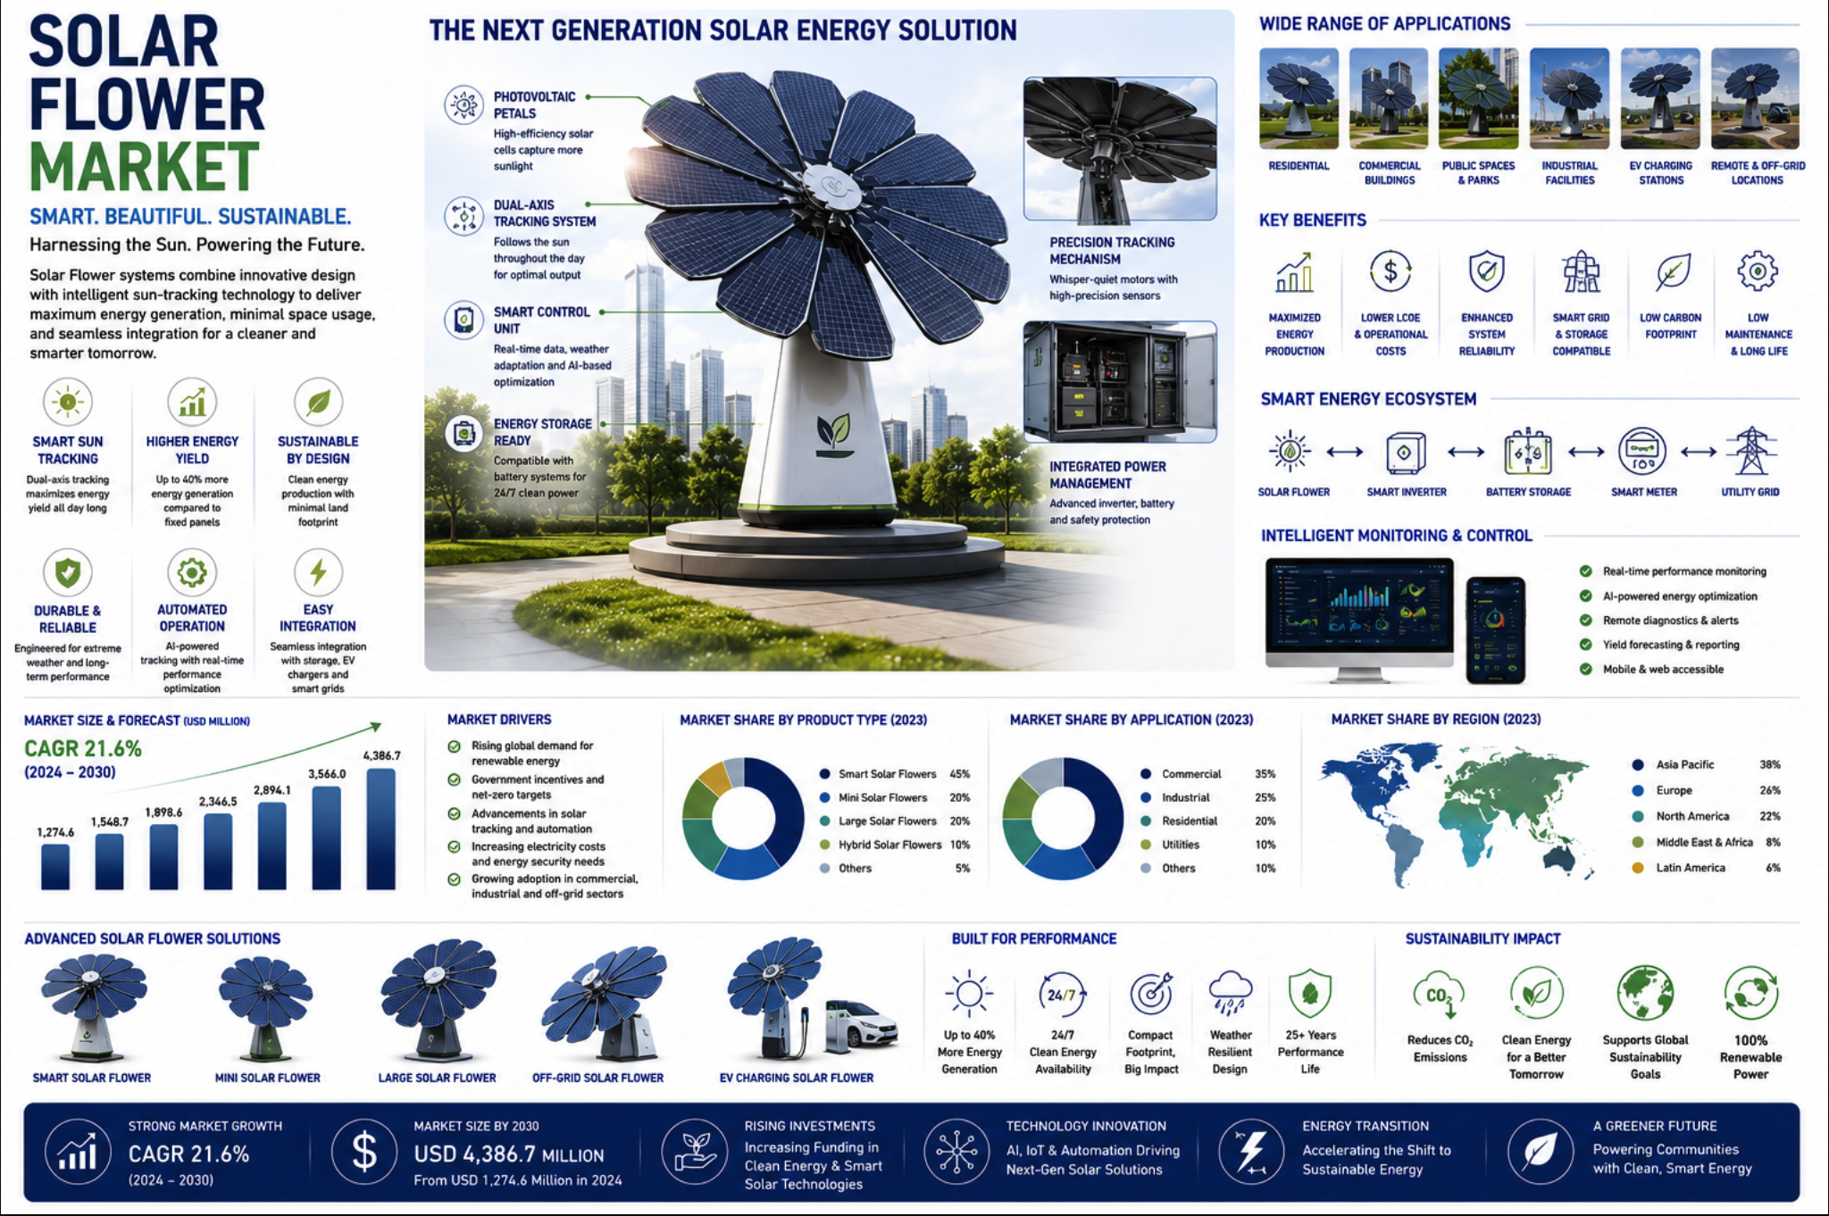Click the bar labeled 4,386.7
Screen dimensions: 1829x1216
coord(381,829)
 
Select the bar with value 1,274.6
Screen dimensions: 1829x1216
coord(55,866)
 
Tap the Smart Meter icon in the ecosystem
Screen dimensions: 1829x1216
coord(1641,452)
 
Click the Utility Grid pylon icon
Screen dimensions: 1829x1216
coord(1750,451)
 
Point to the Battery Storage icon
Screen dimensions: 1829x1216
coord(1528,452)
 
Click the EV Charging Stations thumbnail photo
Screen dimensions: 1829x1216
coord(1660,98)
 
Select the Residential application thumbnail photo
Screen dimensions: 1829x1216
coord(1299,98)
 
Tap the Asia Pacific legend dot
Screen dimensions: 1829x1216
coord(1638,765)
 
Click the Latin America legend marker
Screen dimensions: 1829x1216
coord(1638,868)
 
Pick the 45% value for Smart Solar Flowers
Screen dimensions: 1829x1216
coord(960,774)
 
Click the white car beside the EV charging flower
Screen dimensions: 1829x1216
coord(860,1024)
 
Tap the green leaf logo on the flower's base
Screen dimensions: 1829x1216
coord(833,433)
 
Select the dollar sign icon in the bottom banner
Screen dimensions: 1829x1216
coord(364,1152)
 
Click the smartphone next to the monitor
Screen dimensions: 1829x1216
coord(1496,629)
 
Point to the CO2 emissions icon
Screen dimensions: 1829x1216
coord(1439,994)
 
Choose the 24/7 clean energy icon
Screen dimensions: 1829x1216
coord(1062,995)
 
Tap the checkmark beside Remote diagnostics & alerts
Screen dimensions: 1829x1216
coord(1586,620)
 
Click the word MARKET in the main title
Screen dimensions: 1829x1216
coord(145,167)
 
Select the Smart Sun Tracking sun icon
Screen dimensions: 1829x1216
coord(68,402)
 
